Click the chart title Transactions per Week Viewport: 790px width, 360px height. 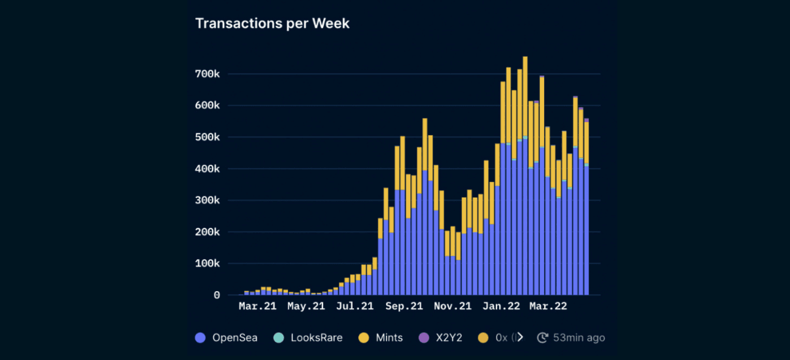coord(272,24)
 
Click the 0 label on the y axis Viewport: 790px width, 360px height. coord(216,295)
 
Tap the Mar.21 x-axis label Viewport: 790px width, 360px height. coord(257,307)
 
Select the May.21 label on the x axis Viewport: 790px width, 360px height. coord(306,307)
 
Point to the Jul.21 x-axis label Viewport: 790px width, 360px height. coord(355,307)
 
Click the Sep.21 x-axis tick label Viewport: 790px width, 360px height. coord(403,307)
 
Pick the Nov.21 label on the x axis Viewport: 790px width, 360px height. coord(452,307)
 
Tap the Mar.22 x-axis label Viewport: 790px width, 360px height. coord(548,307)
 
